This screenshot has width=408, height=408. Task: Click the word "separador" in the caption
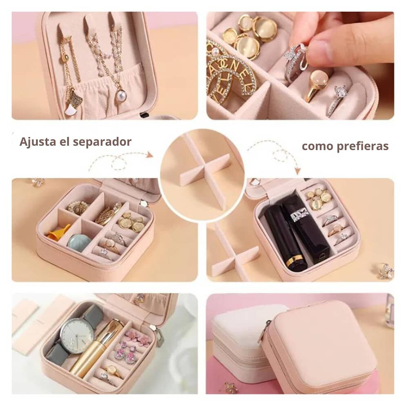[x=102, y=142]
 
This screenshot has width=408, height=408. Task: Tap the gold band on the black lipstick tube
[x=296, y=260]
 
